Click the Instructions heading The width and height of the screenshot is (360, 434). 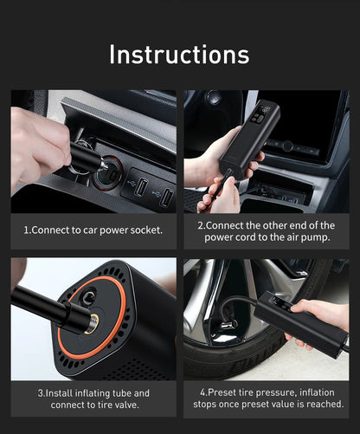coord(179,54)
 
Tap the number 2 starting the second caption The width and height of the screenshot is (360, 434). coord(200,224)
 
